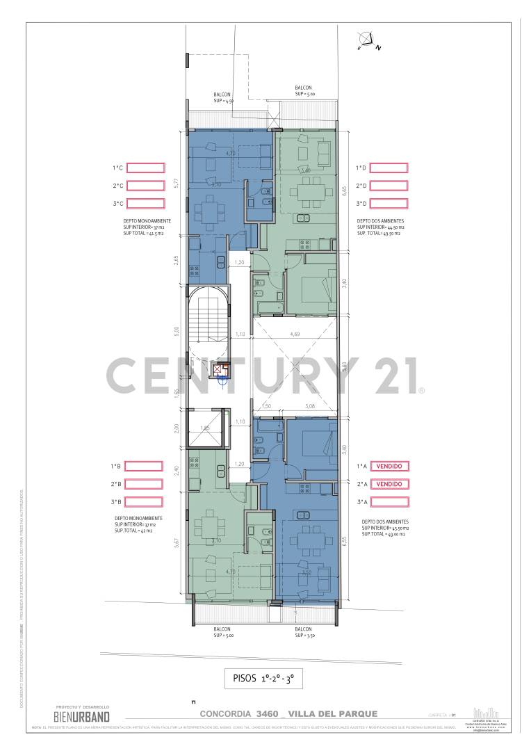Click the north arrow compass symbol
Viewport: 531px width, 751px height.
click(368, 42)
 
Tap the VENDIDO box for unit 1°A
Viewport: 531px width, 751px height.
click(389, 467)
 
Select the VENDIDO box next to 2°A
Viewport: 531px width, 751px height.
click(389, 484)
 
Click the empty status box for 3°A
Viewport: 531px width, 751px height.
click(389, 501)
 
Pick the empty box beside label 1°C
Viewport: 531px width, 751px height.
click(145, 168)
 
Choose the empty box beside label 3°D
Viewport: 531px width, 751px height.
click(389, 204)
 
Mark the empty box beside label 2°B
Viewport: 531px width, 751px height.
click(144, 484)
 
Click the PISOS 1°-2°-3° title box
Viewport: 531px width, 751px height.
click(264, 678)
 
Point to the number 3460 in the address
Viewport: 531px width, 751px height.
click(268, 713)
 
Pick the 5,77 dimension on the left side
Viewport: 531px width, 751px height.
click(177, 184)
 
